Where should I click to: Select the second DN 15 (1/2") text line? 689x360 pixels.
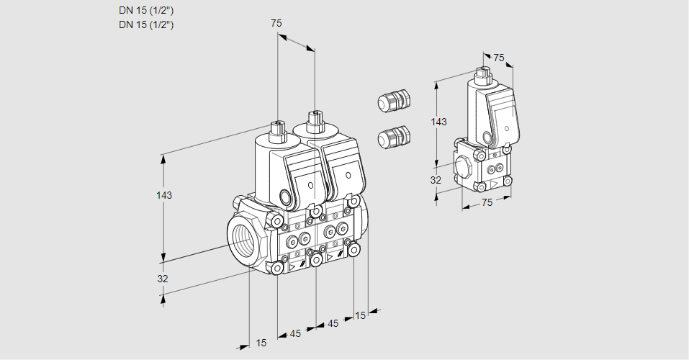coord(146,25)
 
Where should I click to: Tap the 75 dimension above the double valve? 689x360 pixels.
coord(276,24)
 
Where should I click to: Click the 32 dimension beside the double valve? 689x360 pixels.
coord(163,279)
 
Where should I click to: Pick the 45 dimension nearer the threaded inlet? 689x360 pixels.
coord(295,333)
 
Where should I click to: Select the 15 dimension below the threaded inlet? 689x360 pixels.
coord(261,343)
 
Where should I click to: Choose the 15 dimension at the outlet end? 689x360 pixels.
coord(360,315)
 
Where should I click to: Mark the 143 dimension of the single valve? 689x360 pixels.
coord(438,122)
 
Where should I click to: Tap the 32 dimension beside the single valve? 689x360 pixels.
coord(436,180)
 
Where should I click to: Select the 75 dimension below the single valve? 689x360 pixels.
coord(487,203)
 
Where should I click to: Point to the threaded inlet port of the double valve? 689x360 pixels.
coord(243,239)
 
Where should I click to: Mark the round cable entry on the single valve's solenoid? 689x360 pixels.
coord(487,137)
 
